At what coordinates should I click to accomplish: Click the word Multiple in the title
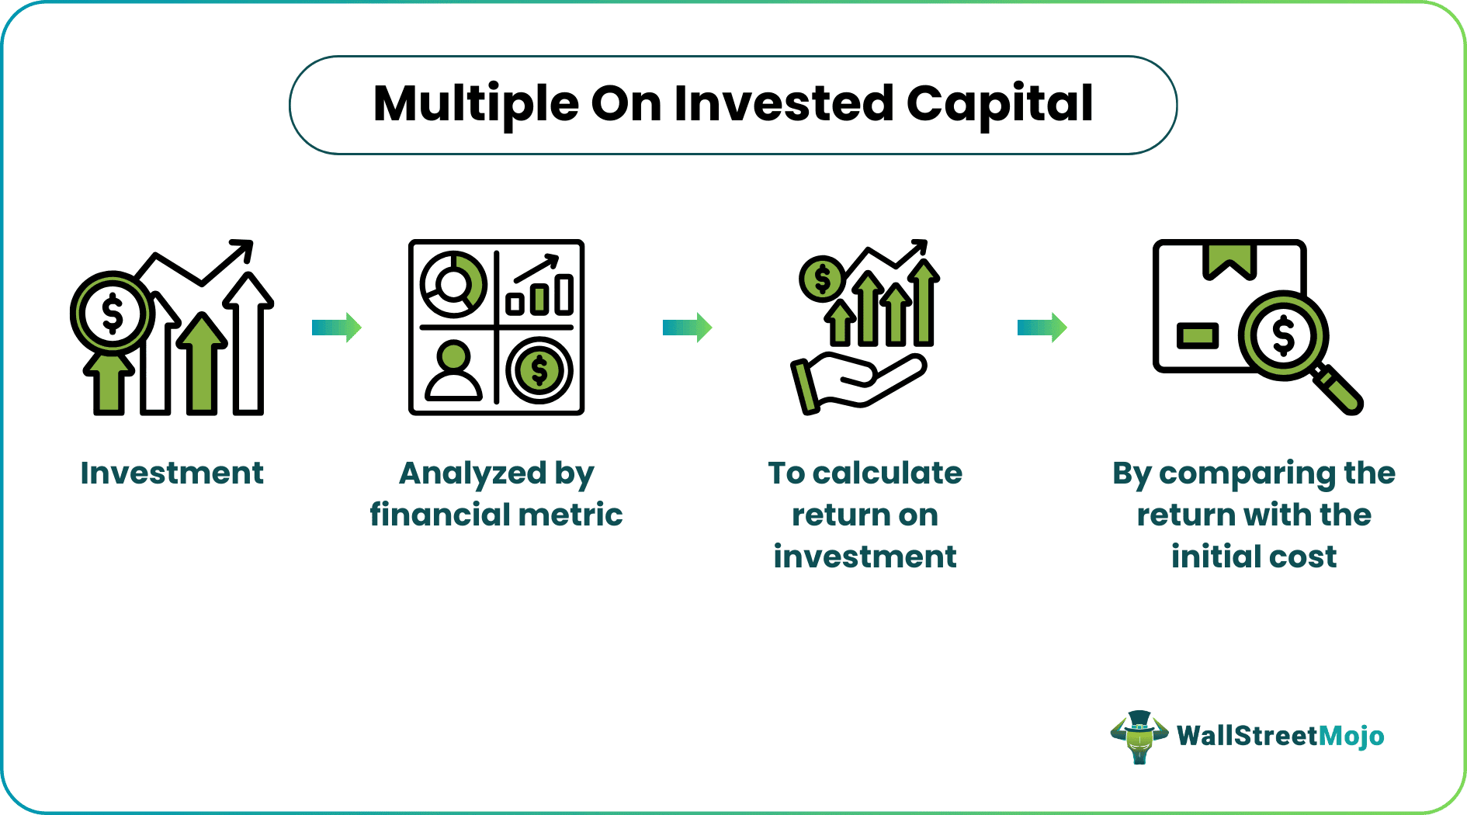point(476,104)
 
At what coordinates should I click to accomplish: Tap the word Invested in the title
point(784,104)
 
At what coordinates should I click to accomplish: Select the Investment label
point(172,473)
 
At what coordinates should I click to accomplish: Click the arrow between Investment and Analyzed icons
point(337,328)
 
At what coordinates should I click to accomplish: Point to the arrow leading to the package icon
point(1042,328)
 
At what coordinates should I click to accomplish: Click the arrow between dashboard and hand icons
point(687,328)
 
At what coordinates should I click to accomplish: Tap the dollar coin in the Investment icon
point(113,314)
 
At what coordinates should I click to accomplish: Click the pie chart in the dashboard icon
point(453,284)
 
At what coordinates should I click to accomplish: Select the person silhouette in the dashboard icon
point(453,371)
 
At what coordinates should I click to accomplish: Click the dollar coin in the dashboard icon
point(539,371)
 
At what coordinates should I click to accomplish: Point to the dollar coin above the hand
point(822,279)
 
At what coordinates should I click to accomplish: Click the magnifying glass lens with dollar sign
point(1283,336)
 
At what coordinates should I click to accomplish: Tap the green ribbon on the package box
point(1229,261)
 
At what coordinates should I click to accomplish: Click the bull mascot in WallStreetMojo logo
point(1139,737)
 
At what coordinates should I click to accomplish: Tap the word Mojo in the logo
point(1351,735)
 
